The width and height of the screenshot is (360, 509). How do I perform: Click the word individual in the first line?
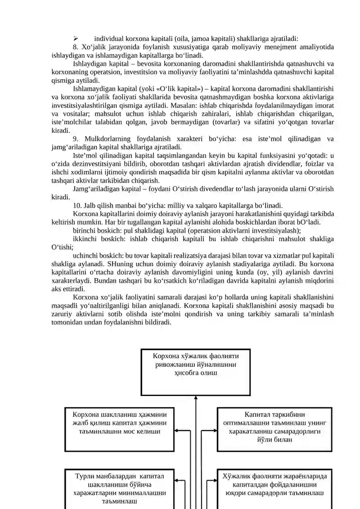click(108, 39)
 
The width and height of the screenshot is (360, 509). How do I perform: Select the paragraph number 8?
click(75, 47)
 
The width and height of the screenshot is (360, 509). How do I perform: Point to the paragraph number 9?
click(75, 139)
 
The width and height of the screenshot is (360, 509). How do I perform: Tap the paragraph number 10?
click(76, 205)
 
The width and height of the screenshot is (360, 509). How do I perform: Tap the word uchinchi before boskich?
click(85, 255)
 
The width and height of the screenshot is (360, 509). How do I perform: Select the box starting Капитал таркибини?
click(274, 429)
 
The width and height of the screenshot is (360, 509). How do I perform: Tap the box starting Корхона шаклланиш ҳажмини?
click(119, 429)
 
